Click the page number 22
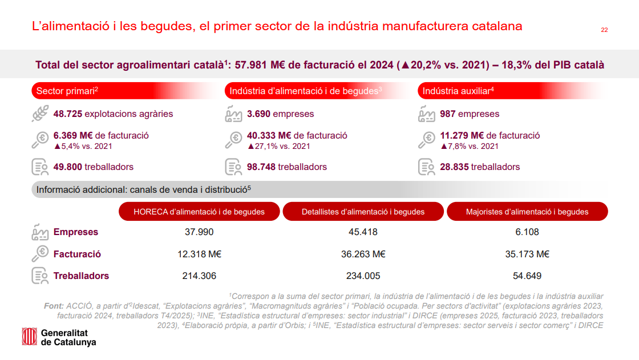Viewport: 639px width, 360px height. tap(604, 30)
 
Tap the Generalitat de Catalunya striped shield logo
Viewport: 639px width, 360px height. tap(29, 337)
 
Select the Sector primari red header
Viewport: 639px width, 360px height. tap(126, 91)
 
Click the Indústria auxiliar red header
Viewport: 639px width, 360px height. tap(513, 91)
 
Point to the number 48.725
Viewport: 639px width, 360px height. tap(68, 114)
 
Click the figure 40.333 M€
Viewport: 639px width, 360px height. tap(269, 135)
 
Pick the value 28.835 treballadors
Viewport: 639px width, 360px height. tap(480, 167)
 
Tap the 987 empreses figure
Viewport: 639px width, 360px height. tap(470, 114)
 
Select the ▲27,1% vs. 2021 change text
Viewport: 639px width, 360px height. tap(279, 146)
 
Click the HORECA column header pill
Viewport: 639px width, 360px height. tap(199, 212)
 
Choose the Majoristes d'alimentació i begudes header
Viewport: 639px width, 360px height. tap(527, 212)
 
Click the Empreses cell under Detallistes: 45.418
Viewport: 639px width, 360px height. tap(363, 232)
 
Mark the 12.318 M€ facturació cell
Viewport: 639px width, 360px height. tap(199, 254)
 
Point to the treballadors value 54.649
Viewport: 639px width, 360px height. tap(527, 276)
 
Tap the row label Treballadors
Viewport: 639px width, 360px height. tap(81, 276)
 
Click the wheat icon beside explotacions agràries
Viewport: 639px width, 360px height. tap(40, 114)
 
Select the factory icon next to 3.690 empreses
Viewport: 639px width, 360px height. tap(233, 114)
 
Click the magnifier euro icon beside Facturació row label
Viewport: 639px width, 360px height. tap(40, 253)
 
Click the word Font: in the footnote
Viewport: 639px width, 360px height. tap(54, 306)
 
